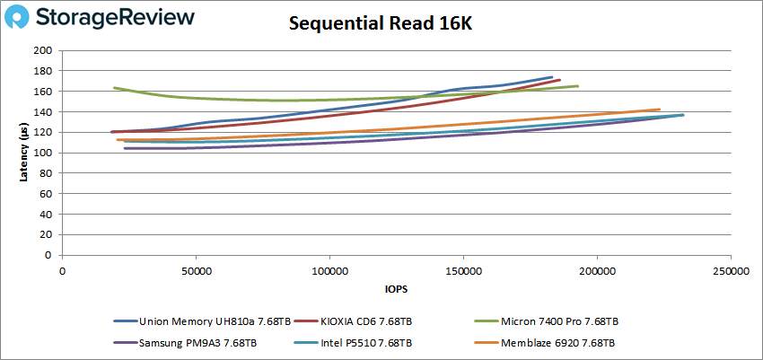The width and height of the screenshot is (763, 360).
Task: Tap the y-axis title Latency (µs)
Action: pos(24,153)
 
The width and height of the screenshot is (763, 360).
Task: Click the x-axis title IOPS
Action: pos(395,289)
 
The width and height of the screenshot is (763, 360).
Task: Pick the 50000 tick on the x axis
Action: pos(196,270)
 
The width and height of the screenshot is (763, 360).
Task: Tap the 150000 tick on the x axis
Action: pos(462,270)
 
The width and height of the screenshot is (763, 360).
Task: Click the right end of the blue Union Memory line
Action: pos(552,77)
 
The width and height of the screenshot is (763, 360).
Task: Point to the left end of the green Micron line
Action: pos(114,88)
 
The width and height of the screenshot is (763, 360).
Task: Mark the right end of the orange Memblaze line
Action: pos(660,110)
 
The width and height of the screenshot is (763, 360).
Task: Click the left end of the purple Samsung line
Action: pos(125,148)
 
